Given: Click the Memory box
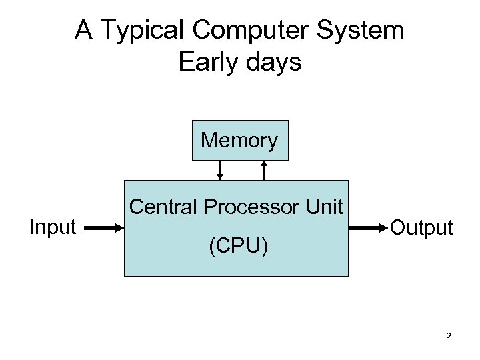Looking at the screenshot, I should (240, 141).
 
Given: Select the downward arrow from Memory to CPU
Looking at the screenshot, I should (220, 170).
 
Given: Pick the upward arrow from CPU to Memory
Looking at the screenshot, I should (265, 170).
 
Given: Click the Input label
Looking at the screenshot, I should (53, 227).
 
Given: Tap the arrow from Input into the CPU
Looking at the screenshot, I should (103, 228).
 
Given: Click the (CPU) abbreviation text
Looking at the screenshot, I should (238, 247).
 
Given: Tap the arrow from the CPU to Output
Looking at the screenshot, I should (367, 228).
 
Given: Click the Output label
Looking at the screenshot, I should (421, 228).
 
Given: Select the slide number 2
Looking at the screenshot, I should (449, 336).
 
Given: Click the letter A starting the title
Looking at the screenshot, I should (83, 30).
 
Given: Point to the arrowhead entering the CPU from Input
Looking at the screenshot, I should (120, 228).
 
